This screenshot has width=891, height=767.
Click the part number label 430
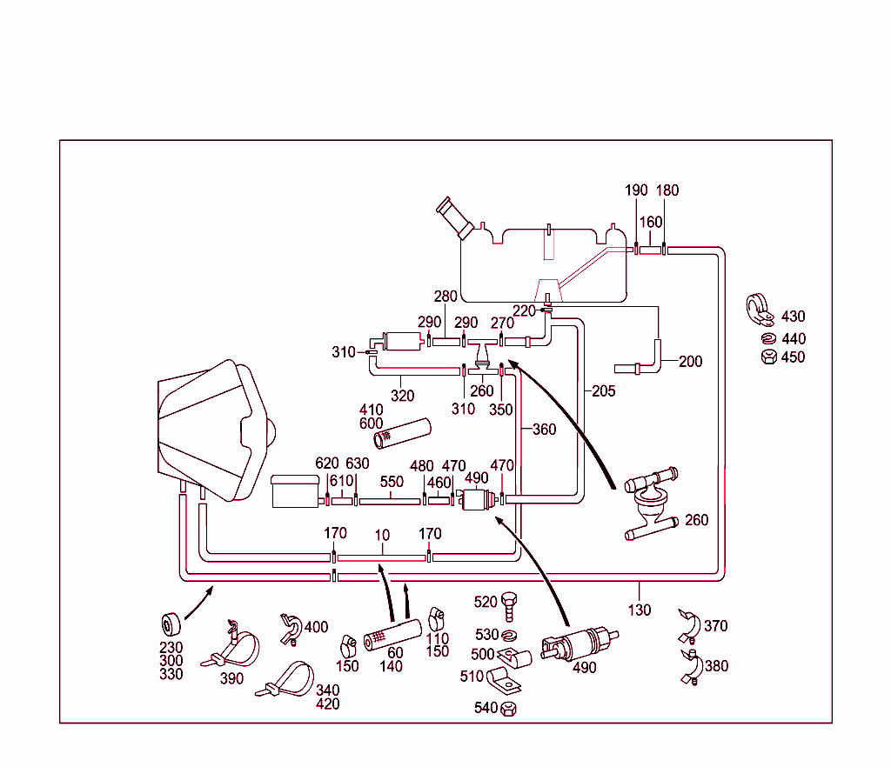coord(793,317)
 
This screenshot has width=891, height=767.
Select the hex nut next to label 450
coord(767,357)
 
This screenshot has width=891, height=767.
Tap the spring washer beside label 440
coord(767,338)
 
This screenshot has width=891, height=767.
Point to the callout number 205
coord(602,391)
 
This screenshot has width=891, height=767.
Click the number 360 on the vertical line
coord(543,430)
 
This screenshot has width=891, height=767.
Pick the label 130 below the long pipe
coord(640,610)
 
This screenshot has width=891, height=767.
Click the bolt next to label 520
coord(510,602)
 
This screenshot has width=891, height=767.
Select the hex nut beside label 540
coord(511,708)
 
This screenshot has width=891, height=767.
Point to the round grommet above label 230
coord(171,624)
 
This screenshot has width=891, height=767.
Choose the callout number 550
coord(392,481)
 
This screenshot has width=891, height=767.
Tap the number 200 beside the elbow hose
coord(690,361)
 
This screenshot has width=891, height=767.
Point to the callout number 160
coord(651,222)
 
